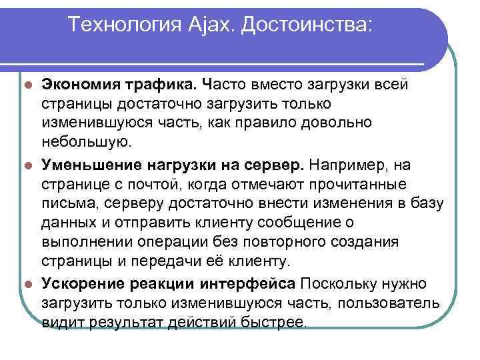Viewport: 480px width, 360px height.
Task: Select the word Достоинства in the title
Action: pyautogui.click(x=306, y=25)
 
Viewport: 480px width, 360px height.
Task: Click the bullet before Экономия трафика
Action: pyautogui.click(x=27, y=85)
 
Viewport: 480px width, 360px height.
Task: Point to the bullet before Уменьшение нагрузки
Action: pyautogui.click(x=27, y=164)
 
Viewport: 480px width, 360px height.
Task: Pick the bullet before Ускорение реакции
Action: pyautogui.click(x=27, y=283)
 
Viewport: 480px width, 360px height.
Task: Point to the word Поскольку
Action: pyautogui.click(x=337, y=283)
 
